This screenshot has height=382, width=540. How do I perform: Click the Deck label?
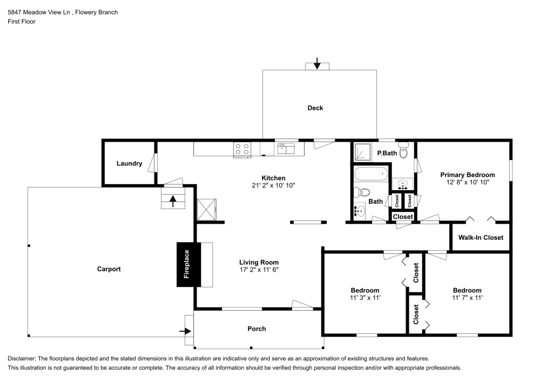[315, 108]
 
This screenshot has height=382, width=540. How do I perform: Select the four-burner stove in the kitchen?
[242, 149]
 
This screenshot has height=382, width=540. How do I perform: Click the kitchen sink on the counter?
[286, 148]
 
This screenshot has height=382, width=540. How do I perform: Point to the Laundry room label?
[129, 164]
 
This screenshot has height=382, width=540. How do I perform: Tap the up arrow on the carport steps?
[173, 200]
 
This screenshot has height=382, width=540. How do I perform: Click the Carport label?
[109, 269]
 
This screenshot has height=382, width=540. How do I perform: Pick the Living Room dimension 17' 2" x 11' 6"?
[259, 270]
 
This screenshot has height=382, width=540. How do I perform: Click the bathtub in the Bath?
[371, 175]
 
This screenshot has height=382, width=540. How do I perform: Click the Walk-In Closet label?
[480, 238]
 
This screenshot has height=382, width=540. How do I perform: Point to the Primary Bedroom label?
[467, 175]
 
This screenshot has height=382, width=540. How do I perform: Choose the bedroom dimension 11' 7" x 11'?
[467, 298]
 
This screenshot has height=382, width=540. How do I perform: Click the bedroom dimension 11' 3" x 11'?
[364, 298]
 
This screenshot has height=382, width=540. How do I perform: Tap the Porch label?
[256, 329]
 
